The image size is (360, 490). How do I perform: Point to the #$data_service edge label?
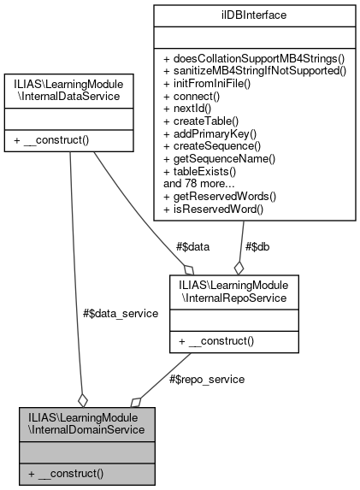point(120,314)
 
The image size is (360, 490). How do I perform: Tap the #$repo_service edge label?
point(207,379)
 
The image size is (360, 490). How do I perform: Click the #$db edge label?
point(257,247)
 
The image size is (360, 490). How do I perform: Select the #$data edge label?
point(192,247)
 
